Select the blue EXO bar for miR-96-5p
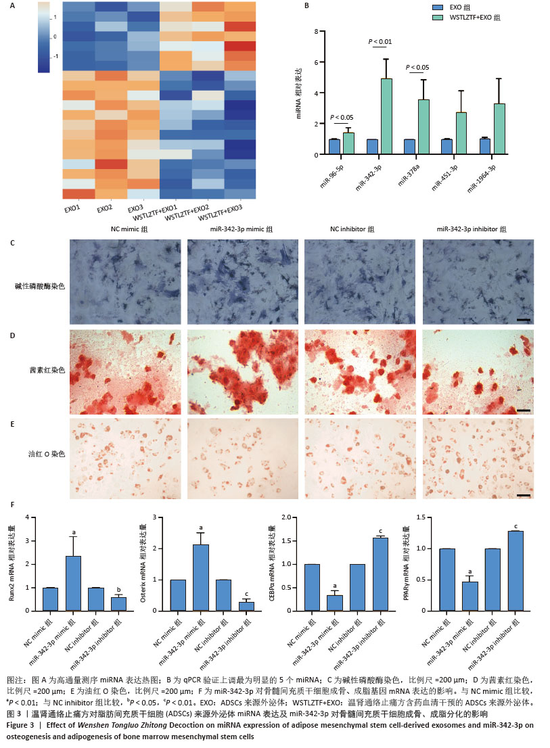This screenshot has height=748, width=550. tap(334, 147)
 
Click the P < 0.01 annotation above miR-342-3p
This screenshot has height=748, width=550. tap(380, 42)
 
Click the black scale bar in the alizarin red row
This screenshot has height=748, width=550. tap(522, 411)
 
